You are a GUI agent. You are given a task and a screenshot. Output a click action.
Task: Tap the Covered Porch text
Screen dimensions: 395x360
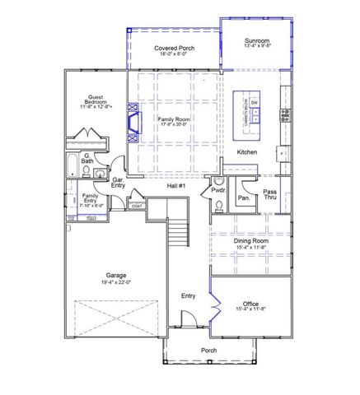(x=173, y=49)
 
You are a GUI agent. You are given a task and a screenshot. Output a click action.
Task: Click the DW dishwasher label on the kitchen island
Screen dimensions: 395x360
(x=255, y=102)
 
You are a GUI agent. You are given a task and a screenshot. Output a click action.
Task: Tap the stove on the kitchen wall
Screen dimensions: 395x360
(x=285, y=114)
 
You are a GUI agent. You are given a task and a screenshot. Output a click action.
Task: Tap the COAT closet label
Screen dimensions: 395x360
(x=137, y=206)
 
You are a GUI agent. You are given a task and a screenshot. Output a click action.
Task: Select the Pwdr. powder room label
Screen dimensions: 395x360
(x=218, y=189)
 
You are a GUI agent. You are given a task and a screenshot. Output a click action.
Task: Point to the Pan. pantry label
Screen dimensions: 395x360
(x=244, y=198)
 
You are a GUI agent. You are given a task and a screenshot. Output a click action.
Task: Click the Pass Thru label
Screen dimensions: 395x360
(x=269, y=195)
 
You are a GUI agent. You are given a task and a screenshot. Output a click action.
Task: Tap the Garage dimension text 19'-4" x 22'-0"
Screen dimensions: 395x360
(x=115, y=282)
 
